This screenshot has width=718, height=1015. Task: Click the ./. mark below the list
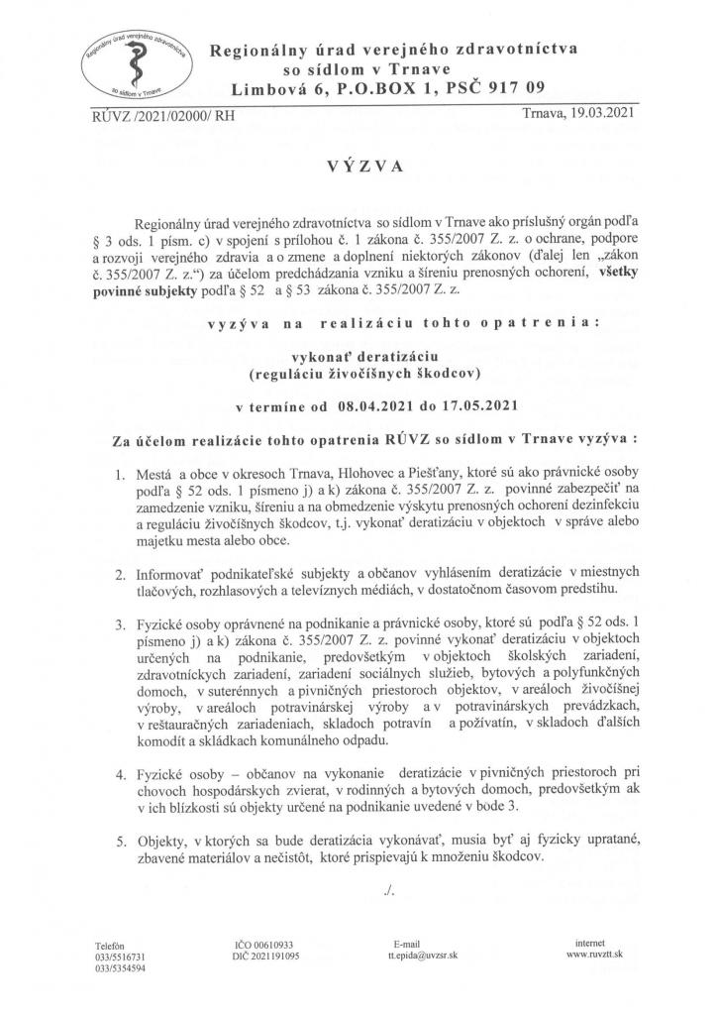(387, 891)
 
